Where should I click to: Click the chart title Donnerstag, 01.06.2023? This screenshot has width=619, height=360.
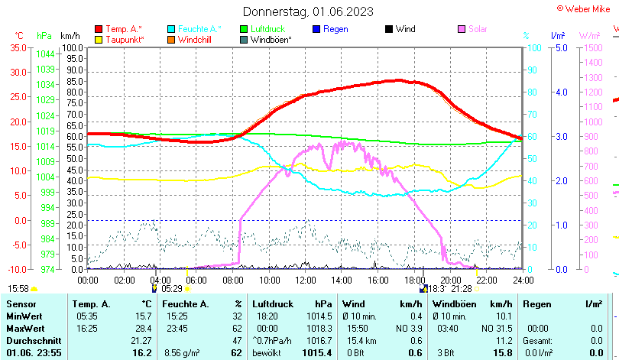309,11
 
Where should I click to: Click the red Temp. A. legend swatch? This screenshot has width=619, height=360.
99,29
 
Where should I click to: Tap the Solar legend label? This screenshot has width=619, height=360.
478,29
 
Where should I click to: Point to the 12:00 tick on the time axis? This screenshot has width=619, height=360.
305,280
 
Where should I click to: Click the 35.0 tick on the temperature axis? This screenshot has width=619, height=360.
17,47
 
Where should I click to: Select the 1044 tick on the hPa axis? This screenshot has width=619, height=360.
45,54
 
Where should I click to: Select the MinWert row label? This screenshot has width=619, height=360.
24,316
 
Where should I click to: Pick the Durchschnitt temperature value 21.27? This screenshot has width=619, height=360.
141,340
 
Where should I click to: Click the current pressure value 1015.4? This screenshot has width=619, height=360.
316,352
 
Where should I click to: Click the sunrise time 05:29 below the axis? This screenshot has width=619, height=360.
172,289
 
